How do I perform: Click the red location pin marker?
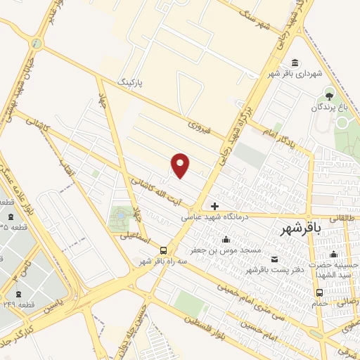(181, 165)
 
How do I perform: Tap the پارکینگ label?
(129, 82)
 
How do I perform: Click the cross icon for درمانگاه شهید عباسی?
(214, 206)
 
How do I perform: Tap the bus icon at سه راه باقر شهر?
(163, 250)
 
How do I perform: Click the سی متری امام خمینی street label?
(239, 295)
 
